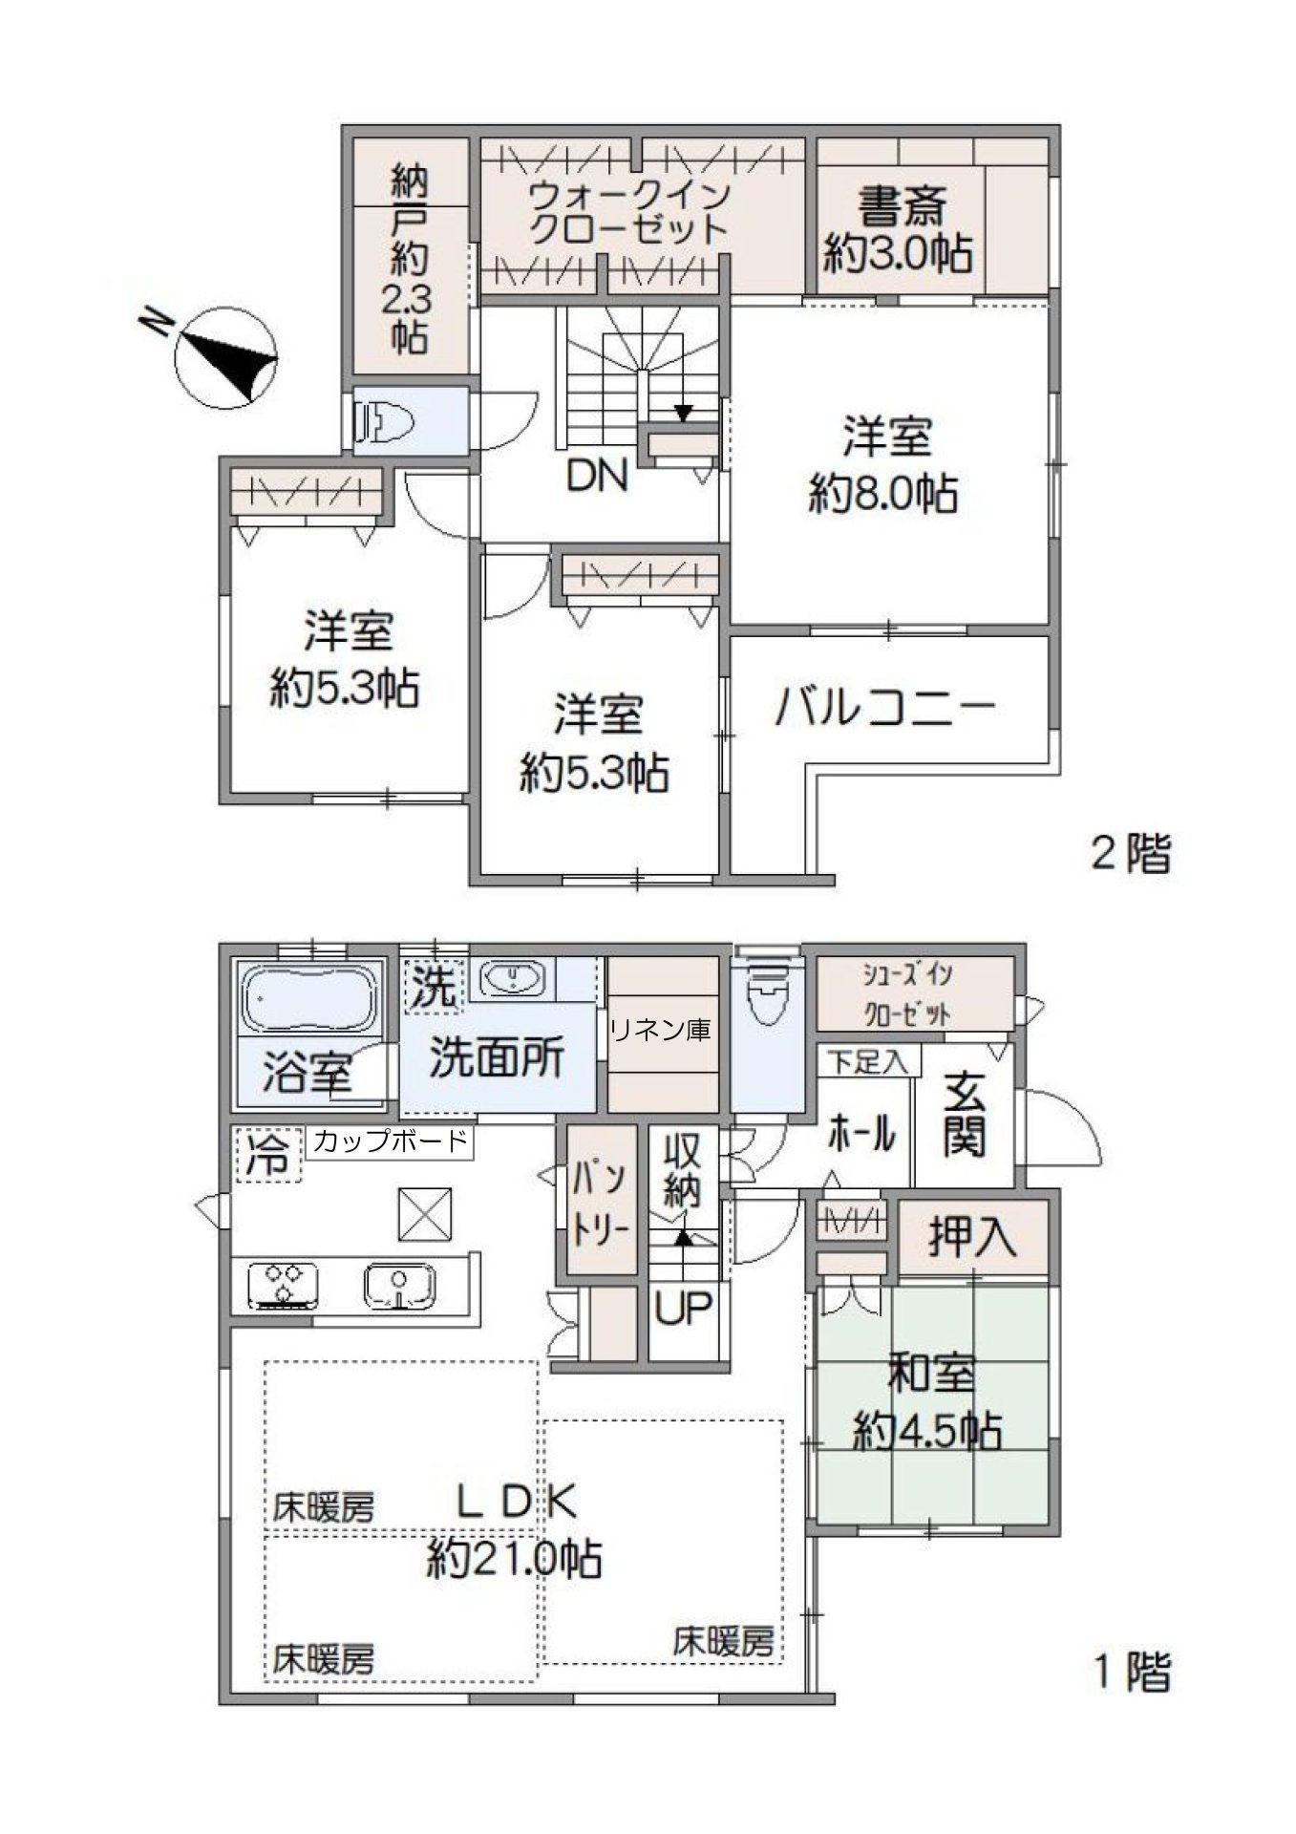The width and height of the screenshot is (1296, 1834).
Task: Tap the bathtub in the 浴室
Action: pyautogui.click(x=308, y=998)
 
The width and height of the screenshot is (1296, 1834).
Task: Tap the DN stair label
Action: pyautogui.click(x=597, y=476)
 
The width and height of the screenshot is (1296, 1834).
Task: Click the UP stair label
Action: pyautogui.click(x=683, y=1308)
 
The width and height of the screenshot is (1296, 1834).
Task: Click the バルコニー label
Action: pyautogui.click(x=885, y=709)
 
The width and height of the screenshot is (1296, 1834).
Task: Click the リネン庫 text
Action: pyautogui.click(x=662, y=1030)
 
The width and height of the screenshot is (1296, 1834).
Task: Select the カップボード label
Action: pyautogui.click(x=390, y=1141)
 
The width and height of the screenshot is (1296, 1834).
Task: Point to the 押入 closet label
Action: pyautogui.click(x=973, y=1238)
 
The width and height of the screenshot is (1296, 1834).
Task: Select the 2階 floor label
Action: pyautogui.click(x=1131, y=853)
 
